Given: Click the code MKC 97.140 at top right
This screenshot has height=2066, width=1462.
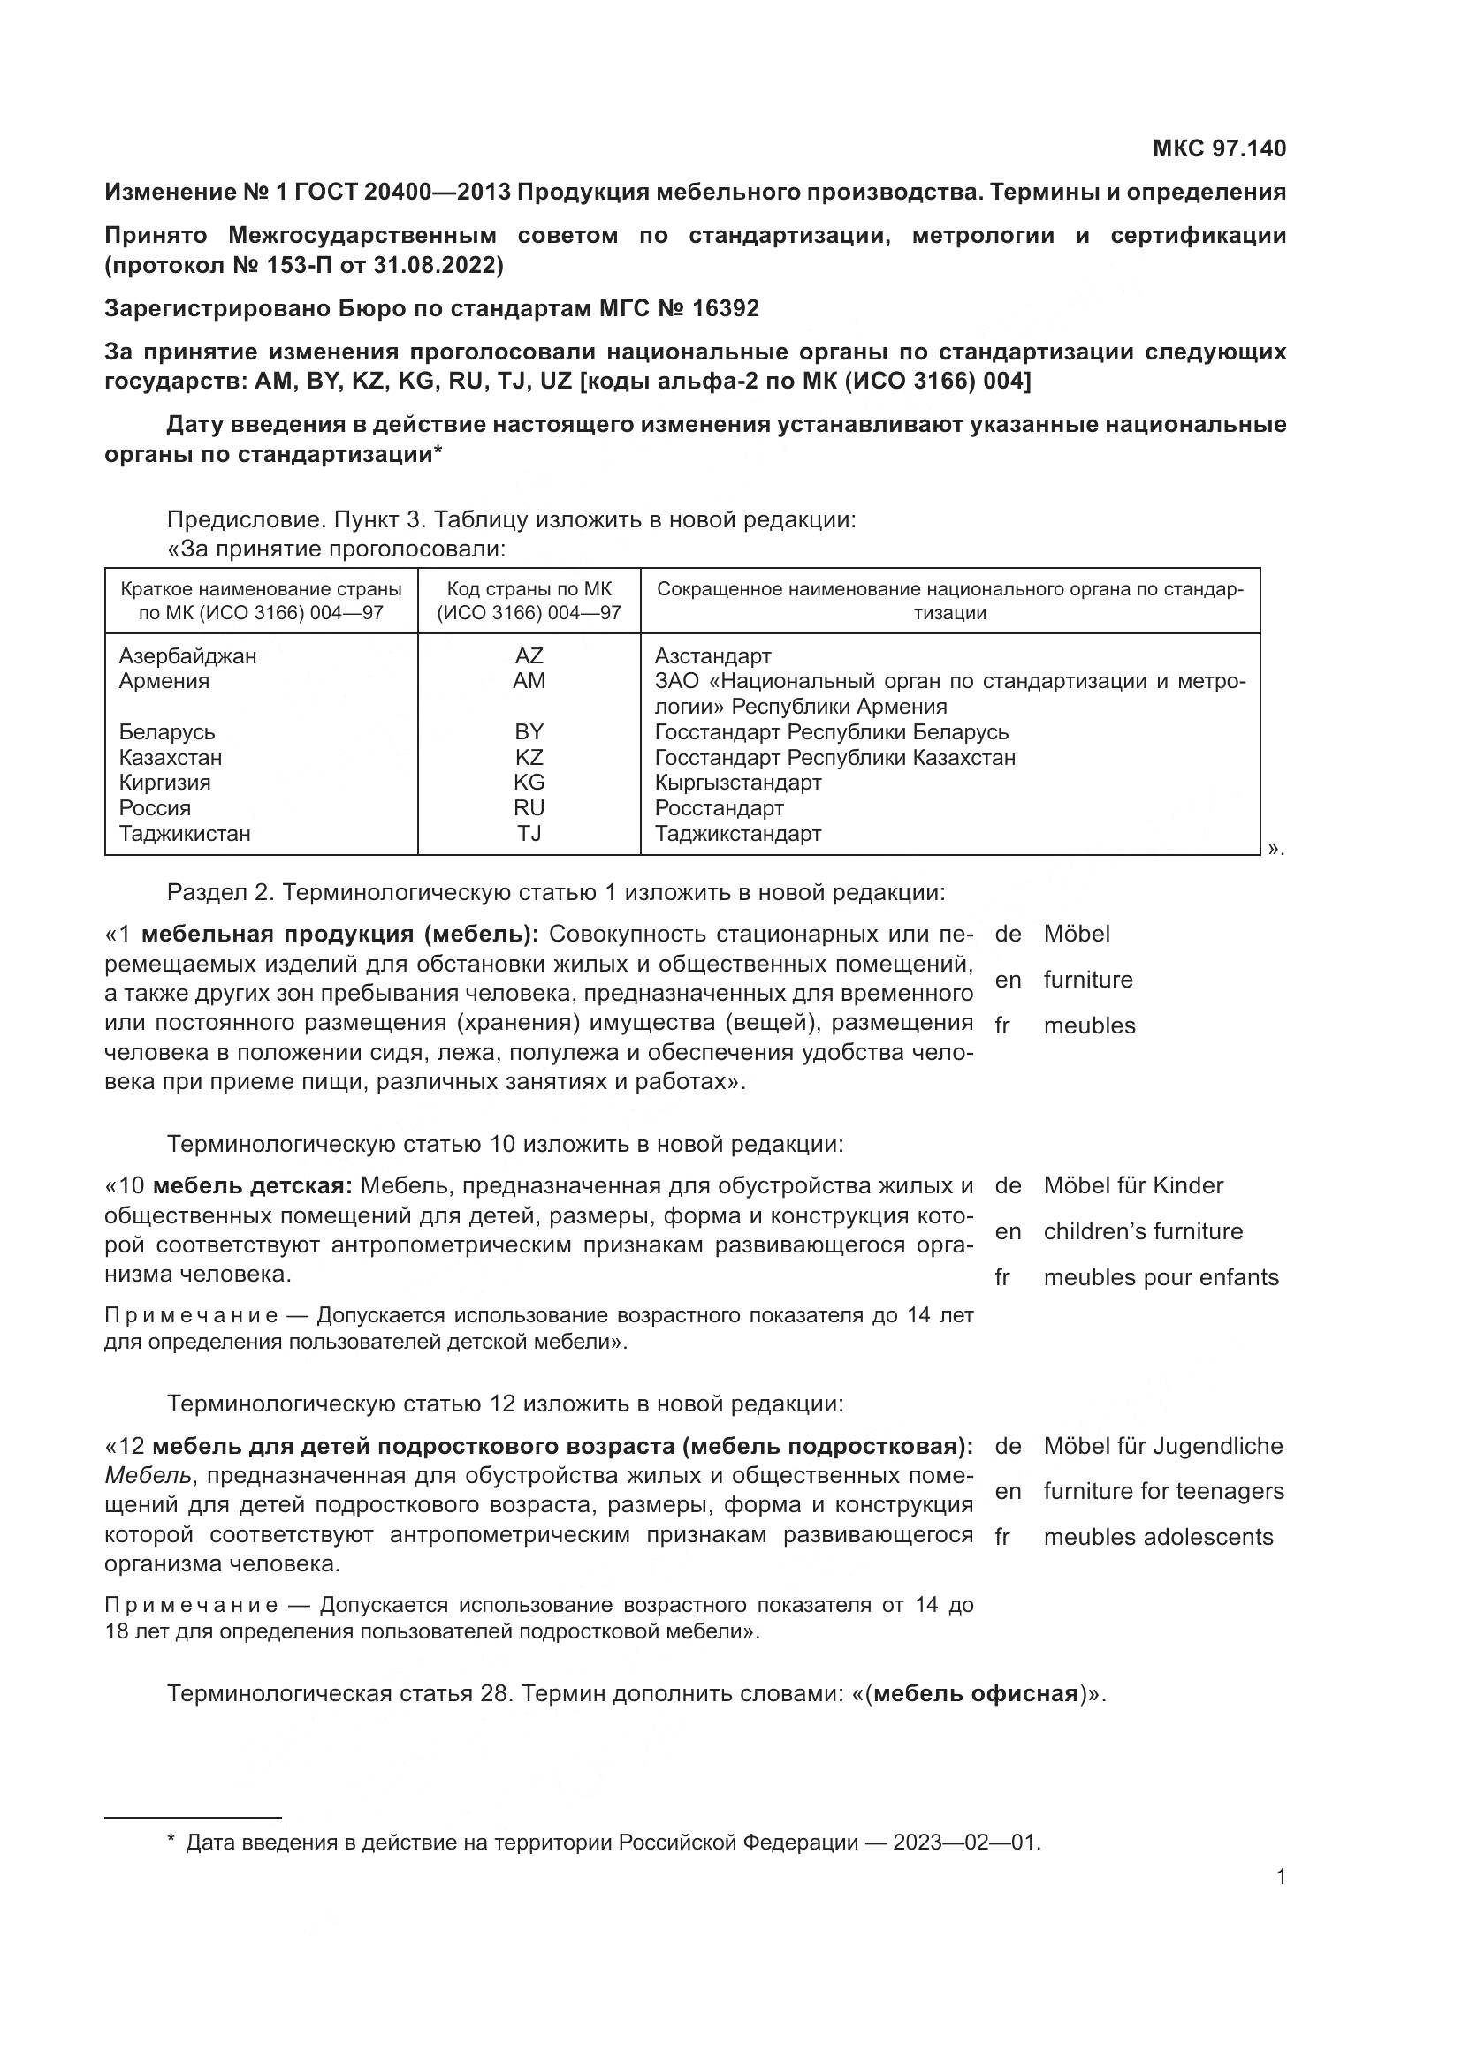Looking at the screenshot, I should pos(1219,148).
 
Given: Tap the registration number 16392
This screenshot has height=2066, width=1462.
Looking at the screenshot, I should pos(726,308).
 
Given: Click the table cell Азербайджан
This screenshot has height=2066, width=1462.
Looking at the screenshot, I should pos(187,656).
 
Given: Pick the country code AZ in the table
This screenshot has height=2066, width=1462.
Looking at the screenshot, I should pos(529,656).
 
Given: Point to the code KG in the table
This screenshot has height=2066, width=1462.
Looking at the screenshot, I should pos(529,782).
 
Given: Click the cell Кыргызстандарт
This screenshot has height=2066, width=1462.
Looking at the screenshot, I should pos(737,782).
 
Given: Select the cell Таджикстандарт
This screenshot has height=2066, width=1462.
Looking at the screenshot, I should pos(737,833).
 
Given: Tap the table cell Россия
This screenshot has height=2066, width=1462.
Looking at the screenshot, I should pos(155,808).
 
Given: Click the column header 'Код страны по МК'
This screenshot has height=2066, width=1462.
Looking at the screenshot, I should pos(529,589).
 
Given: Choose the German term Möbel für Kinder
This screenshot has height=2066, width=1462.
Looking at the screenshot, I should pos(1132,1185).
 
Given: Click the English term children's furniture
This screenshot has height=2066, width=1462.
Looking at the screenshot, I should pos(1142,1231).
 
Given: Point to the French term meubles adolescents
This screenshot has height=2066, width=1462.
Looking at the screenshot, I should pos(1158,1537).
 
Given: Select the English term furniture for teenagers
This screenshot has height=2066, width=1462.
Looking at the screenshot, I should pos(1163,1491).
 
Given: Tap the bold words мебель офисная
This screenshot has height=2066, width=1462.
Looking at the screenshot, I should pos(976,1693).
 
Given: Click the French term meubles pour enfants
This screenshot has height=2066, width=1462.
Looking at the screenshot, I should pos(1161,1277).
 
